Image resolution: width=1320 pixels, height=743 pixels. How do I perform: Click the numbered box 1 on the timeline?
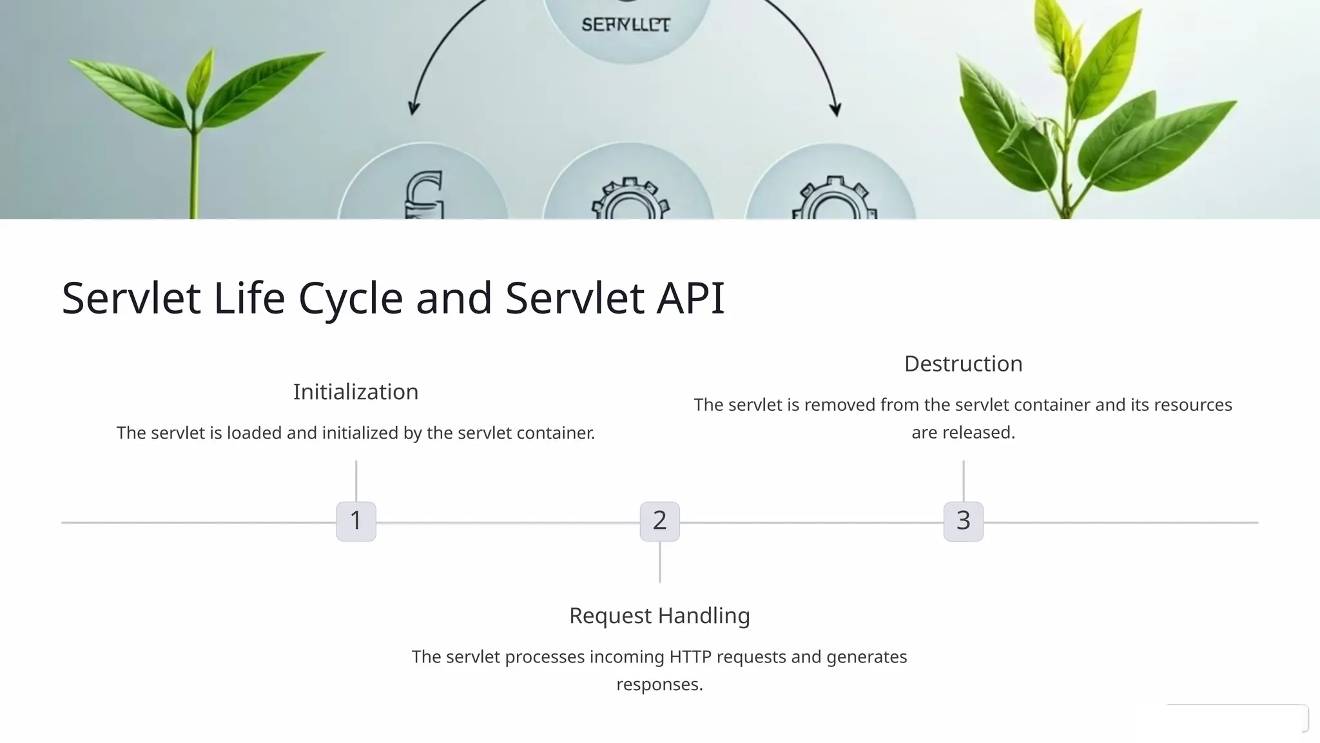pyautogui.click(x=356, y=521)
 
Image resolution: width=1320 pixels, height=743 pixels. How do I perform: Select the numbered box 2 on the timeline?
pyautogui.click(x=659, y=521)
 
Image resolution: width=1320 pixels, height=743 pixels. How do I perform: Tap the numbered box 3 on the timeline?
pyautogui.click(x=963, y=521)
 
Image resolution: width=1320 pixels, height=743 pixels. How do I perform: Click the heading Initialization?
pyautogui.click(x=356, y=391)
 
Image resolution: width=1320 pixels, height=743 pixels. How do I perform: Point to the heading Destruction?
pyautogui.click(x=963, y=364)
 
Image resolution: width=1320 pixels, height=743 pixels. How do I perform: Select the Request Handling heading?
pyautogui.click(x=659, y=615)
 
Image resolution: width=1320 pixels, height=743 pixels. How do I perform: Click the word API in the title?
pyautogui.click(x=690, y=298)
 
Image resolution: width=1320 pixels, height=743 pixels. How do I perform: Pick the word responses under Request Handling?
pyautogui.click(x=659, y=684)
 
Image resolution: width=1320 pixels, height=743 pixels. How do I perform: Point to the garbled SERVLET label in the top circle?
pyautogui.click(x=626, y=25)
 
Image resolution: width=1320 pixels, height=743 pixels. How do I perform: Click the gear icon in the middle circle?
pyautogui.click(x=630, y=201)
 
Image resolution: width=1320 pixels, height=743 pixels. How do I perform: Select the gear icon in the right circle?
pyautogui.click(x=833, y=199)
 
